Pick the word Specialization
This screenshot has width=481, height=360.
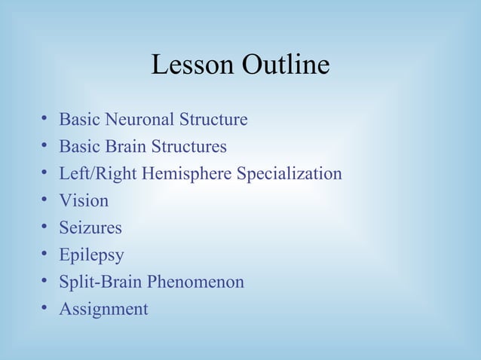pyautogui.click(x=290, y=174)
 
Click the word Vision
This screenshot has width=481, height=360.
pyautogui.click(x=84, y=201)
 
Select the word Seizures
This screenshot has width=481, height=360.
pyautogui.click(x=90, y=228)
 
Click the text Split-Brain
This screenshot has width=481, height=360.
pyautogui.click(x=101, y=282)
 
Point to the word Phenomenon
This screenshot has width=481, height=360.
pyautogui.click(x=196, y=282)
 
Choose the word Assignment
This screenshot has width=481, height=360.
pyautogui.click(x=103, y=310)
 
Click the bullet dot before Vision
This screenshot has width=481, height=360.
pyautogui.click(x=45, y=200)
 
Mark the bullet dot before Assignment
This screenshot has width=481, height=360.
pyautogui.click(x=45, y=309)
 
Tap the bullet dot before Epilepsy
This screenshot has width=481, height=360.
pyautogui.click(x=45, y=255)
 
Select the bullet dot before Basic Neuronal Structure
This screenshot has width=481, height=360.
pyautogui.click(x=45, y=119)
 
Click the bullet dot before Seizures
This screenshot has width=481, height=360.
pyautogui.click(x=45, y=227)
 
